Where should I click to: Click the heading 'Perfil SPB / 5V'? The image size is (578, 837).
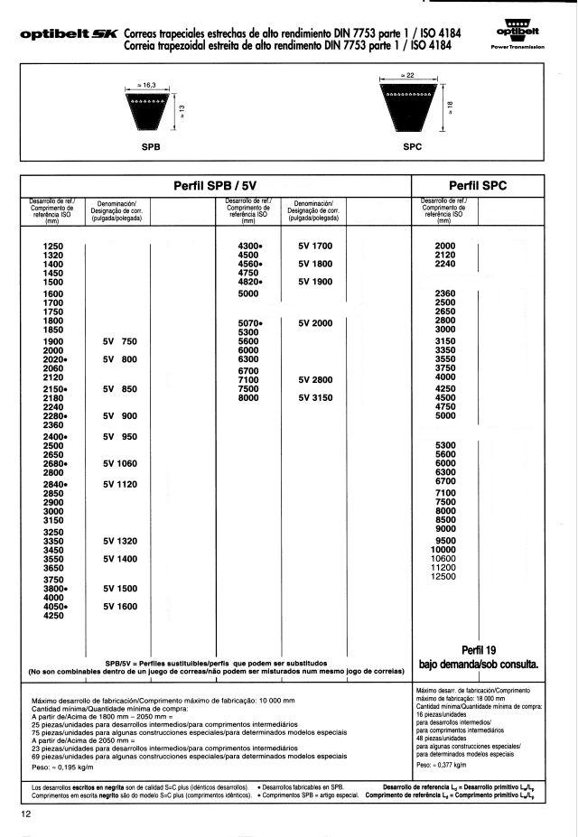[216, 186]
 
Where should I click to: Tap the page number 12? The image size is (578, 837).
[25, 815]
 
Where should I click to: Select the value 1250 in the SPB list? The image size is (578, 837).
[53, 246]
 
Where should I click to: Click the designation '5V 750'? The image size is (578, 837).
[120, 342]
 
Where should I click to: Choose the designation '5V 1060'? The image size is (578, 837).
[120, 463]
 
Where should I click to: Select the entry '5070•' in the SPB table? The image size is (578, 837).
[249, 323]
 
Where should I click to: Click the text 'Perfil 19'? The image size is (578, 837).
[479, 649]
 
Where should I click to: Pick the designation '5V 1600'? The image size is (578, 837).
[120, 606]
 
